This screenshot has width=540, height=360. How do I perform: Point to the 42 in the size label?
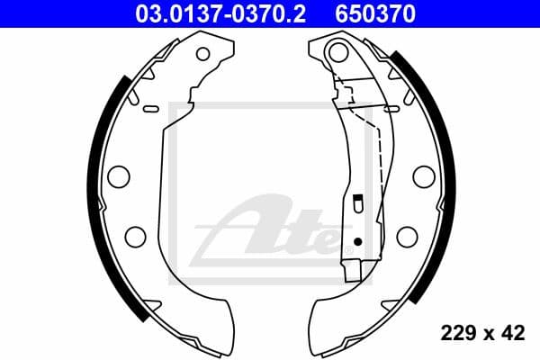point(514,334)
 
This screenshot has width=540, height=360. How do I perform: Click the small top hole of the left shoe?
point(202,53)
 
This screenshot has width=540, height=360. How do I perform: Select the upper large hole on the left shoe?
point(119,175)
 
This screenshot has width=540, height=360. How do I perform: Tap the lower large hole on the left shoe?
point(135,236)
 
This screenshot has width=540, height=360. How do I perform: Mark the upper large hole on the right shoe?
point(423,175)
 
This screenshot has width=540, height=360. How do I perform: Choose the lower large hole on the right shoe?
point(407,236)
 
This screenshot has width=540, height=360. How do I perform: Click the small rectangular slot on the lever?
point(357,206)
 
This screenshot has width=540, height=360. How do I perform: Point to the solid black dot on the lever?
point(357,241)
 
